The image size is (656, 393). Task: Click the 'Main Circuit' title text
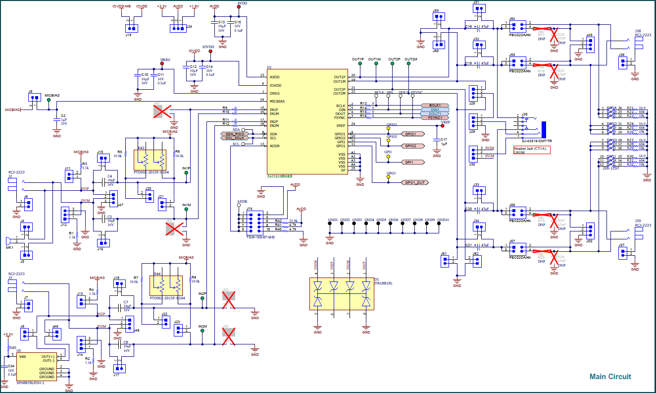tap(610, 377)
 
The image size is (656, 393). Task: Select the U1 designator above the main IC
tap(269, 67)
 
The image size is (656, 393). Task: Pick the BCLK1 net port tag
tap(435, 106)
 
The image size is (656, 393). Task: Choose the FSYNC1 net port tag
tap(435, 117)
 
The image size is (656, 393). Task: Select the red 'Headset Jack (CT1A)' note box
tap(532, 150)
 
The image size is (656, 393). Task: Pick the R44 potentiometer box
tap(166, 285)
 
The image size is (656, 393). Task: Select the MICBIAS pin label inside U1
tap(278, 101)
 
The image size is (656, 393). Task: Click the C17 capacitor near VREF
tap(437, 140)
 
